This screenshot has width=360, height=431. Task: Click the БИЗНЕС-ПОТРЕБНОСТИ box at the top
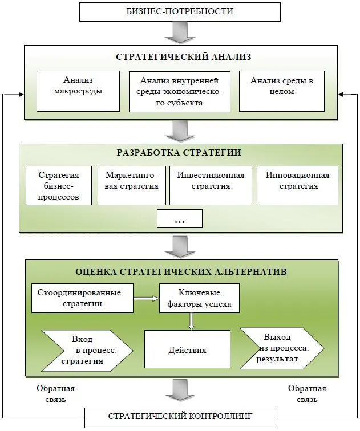(180, 11)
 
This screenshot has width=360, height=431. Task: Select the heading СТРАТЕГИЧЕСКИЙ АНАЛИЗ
(184, 58)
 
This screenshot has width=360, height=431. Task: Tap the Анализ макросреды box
(78, 91)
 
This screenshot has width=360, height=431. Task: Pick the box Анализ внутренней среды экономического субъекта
(179, 91)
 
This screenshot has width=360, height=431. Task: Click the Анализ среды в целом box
(281, 91)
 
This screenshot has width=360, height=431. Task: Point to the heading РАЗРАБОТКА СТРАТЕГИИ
(179, 153)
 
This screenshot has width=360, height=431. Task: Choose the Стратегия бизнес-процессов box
(58, 185)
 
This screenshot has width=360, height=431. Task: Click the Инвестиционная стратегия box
(211, 185)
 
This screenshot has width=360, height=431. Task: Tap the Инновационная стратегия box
(297, 185)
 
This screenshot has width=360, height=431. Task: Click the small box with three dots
(179, 218)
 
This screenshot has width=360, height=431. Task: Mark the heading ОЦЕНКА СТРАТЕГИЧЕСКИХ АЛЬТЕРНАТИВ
(181, 271)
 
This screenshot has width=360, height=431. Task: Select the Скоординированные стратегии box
(82, 298)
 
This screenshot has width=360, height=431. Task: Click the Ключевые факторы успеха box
(199, 298)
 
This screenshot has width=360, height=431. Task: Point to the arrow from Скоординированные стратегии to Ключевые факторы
(146, 298)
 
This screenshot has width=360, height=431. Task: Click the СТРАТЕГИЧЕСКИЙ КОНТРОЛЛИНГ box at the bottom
(179, 416)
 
